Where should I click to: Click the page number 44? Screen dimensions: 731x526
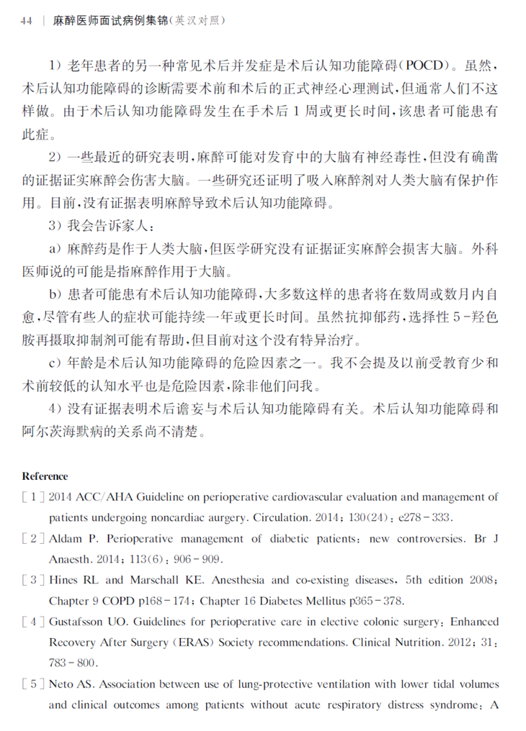click(x=27, y=22)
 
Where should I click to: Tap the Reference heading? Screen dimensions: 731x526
click(x=45, y=476)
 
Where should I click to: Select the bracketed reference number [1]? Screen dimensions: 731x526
click(x=34, y=497)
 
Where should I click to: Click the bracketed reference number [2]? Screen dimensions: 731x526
click(x=34, y=539)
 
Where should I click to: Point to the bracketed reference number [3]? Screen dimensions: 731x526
click(x=34, y=580)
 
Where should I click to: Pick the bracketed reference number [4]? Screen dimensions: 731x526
click(x=34, y=622)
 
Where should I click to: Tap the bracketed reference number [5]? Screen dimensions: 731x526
click(x=34, y=684)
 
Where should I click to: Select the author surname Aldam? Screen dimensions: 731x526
click(x=64, y=539)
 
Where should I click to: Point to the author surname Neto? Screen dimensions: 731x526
click(x=61, y=684)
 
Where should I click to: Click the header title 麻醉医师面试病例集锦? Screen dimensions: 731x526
click(x=109, y=22)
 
